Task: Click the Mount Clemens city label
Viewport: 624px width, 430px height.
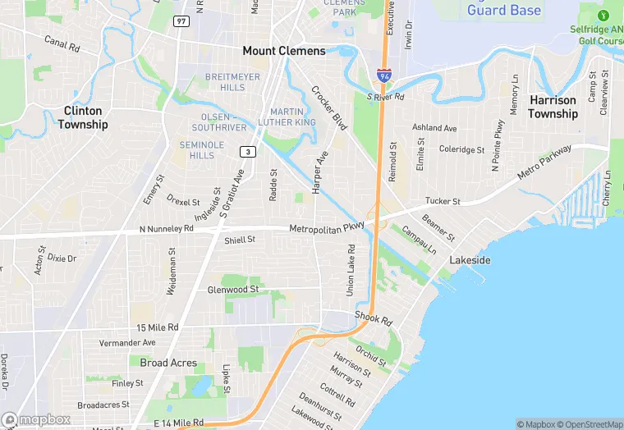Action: (x=284, y=51)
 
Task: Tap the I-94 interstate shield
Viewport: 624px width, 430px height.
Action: (x=383, y=76)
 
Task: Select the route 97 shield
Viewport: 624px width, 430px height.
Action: (x=181, y=20)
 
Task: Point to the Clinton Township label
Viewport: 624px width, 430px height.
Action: (x=83, y=117)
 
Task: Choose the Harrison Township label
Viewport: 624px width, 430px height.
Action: (x=553, y=107)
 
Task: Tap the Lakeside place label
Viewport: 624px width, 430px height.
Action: (x=470, y=260)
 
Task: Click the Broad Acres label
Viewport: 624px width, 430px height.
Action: (x=168, y=363)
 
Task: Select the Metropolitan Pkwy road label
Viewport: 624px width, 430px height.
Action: (x=327, y=226)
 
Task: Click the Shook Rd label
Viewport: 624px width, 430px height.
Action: (x=374, y=318)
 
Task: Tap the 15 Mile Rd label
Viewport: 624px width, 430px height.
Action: (x=158, y=327)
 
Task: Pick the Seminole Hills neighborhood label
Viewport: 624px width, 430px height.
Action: (x=202, y=150)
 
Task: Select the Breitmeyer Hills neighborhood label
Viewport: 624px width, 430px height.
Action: (x=226, y=82)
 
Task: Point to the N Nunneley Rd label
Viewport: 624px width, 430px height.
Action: (x=166, y=231)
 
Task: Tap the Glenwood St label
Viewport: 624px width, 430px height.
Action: (x=233, y=290)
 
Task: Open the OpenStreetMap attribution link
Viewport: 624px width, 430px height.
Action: (x=590, y=424)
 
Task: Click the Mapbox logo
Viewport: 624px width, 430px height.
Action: (x=36, y=419)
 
